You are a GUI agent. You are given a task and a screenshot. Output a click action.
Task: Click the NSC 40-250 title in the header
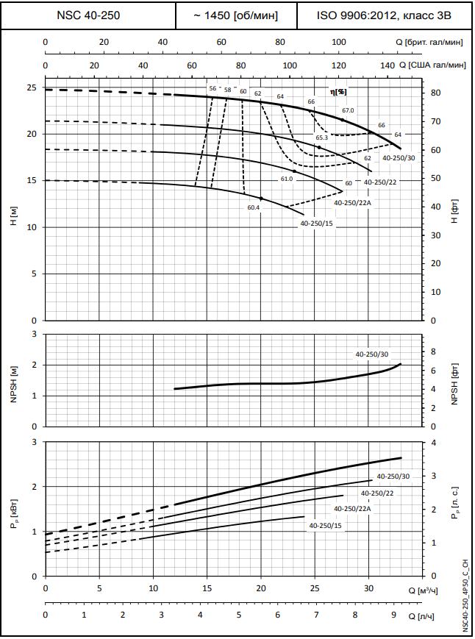(x=88, y=15)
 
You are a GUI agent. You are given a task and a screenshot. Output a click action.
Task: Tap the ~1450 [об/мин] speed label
(x=236, y=15)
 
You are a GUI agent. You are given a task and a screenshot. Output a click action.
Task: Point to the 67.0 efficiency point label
(x=348, y=110)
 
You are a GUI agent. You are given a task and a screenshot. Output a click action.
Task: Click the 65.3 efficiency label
(x=321, y=138)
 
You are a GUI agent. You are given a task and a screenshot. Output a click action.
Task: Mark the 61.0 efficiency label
(x=287, y=179)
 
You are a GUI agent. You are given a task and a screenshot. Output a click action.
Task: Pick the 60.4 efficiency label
(x=254, y=207)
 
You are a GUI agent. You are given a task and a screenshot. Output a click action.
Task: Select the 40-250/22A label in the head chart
(x=353, y=202)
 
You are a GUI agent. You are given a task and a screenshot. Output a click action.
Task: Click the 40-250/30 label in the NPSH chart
(x=372, y=354)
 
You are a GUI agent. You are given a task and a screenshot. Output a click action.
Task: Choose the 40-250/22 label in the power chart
(x=379, y=493)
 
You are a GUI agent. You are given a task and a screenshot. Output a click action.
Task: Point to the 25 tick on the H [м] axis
(x=31, y=88)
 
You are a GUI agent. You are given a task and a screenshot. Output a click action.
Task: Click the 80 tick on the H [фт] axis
(x=435, y=93)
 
